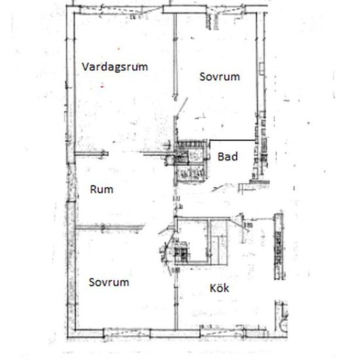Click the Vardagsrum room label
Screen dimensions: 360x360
point(115,67)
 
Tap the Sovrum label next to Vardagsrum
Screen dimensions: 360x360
point(220,77)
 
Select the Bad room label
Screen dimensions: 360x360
point(228,156)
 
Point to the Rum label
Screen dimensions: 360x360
point(101,189)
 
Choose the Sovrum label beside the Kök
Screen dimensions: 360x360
point(109,282)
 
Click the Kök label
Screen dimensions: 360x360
point(219,288)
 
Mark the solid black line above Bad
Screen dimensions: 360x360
point(233,140)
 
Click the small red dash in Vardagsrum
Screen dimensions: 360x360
point(102,87)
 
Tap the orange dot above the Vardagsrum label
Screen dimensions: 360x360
point(118,49)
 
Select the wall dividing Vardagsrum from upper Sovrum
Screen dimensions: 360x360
point(175,54)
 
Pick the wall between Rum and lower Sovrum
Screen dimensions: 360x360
point(110,227)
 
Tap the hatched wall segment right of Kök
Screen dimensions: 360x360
point(279,246)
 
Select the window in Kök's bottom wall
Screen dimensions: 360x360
point(221,333)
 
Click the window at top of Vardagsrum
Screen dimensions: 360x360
point(121,10)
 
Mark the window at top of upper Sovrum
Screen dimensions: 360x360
point(226,10)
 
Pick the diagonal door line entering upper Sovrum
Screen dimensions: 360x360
point(182,107)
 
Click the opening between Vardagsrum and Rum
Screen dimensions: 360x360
point(126,153)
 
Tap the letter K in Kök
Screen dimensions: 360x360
point(213,289)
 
